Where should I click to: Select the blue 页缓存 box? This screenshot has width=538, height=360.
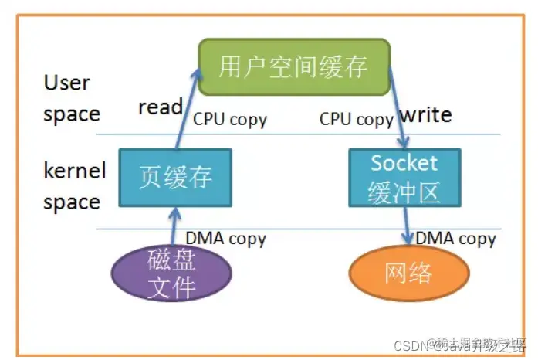[x=176, y=177]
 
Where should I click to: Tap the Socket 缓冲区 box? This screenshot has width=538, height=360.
[x=404, y=177]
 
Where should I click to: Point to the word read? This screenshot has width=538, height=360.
[x=160, y=107]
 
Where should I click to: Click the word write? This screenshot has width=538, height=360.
[x=425, y=115]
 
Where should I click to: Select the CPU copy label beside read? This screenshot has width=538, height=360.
[x=229, y=119]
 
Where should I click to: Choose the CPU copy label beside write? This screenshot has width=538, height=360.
[x=356, y=119]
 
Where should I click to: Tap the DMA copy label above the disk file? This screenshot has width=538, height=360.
[x=225, y=238]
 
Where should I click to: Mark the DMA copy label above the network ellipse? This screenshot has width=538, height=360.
[x=455, y=238]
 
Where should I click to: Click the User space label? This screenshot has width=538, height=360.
[x=71, y=98]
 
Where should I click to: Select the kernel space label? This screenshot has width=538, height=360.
[x=74, y=186]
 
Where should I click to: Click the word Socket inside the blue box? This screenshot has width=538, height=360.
[x=404, y=163]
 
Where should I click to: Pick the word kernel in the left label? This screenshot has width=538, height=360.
[x=74, y=171]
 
